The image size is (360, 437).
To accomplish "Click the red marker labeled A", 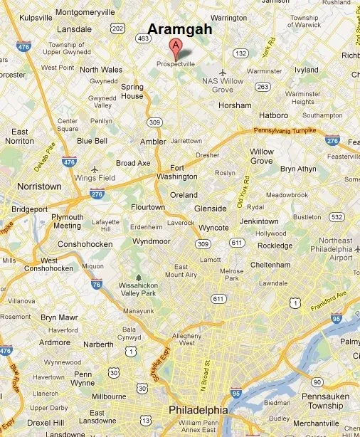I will point(174,48).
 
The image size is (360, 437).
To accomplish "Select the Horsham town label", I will point(235,105).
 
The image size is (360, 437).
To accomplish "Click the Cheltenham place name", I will point(270,265).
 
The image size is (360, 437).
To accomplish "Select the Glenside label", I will point(210,208).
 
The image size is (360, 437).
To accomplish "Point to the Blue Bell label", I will point(91,141).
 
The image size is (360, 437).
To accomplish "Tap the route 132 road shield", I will point(242,53).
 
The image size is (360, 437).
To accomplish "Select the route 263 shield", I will point(263,86).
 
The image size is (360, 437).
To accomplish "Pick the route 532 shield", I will point(337,216).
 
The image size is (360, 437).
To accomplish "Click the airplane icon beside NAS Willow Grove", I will point(223,73).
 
